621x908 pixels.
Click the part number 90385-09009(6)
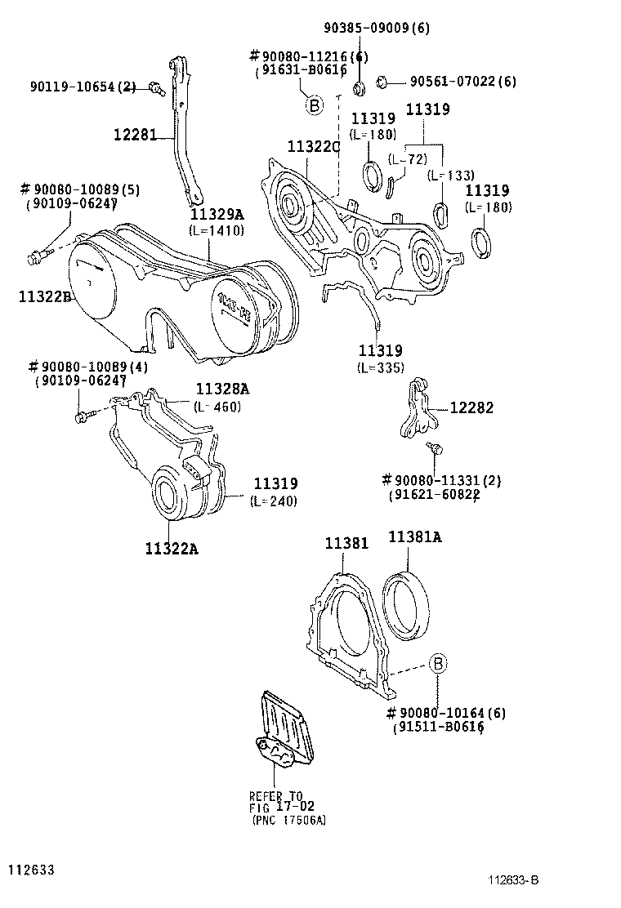[376, 28]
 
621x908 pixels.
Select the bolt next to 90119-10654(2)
[155, 88]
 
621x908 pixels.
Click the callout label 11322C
[313, 145]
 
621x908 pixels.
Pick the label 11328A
[221, 389]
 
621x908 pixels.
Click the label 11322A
[172, 549]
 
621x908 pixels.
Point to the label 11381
[346, 542]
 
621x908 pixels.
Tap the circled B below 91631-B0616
[313, 105]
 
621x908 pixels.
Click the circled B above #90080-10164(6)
[437, 663]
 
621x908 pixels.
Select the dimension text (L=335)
[380, 367]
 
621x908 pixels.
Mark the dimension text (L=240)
[275, 501]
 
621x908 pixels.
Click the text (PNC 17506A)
[288, 820]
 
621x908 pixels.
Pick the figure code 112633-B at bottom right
[512, 879]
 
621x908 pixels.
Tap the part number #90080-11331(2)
[441, 480]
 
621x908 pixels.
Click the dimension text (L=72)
[408, 159]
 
